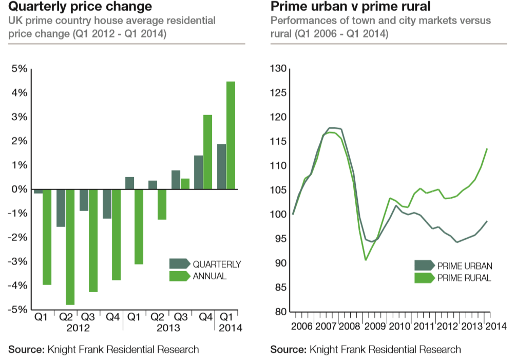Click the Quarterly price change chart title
(x=80, y=7)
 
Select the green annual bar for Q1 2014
(x=231, y=136)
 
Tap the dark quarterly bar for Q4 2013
(x=198, y=173)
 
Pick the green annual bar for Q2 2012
(x=70, y=247)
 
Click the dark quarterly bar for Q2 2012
(x=61, y=208)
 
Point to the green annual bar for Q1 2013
(x=139, y=226)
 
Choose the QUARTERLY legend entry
(x=205, y=264)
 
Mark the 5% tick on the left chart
(x=19, y=69)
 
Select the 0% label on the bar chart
(x=19, y=189)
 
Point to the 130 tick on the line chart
(x=278, y=69)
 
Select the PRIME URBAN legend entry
(x=453, y=266)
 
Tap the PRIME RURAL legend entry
(x=453, y=278)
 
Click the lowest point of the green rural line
(x=365, y=260)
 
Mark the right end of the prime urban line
(x=486, y=221)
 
